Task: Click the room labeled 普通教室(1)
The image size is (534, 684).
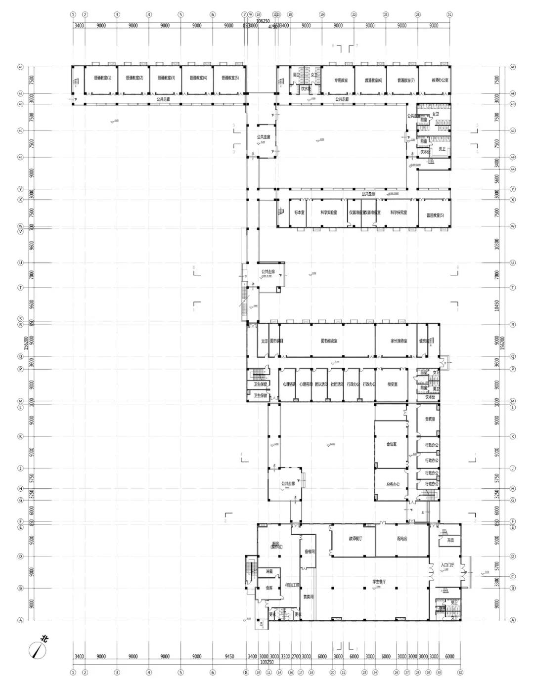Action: (x=102, y=78)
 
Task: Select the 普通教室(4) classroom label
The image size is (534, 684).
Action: (x=198, y=78)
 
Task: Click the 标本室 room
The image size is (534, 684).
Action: (x=299, y=213)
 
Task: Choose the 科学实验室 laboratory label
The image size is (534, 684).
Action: (x=328, y=213)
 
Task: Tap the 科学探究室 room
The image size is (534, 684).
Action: (x=399, y=213)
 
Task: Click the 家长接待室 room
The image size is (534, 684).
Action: (x=399, y=341)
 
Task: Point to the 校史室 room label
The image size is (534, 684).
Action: (x=393, y=384)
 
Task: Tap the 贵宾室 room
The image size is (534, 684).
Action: (x=430, y=419)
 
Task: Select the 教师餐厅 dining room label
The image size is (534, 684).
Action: (x=355, y=539)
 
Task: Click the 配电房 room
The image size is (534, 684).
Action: (x=402, y=539)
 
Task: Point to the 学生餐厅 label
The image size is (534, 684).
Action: (x=379, y=582)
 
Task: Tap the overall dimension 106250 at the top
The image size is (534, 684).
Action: (x=263, y=21)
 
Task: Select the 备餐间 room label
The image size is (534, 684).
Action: (x=310, y=551)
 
